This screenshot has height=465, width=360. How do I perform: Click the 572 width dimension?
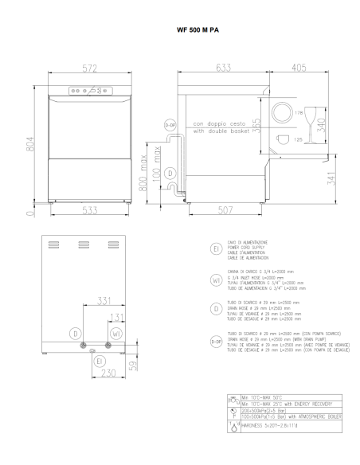pos(91,68)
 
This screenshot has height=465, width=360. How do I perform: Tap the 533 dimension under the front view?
pos(91,209)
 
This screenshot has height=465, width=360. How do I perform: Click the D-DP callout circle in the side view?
pos(170,124)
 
